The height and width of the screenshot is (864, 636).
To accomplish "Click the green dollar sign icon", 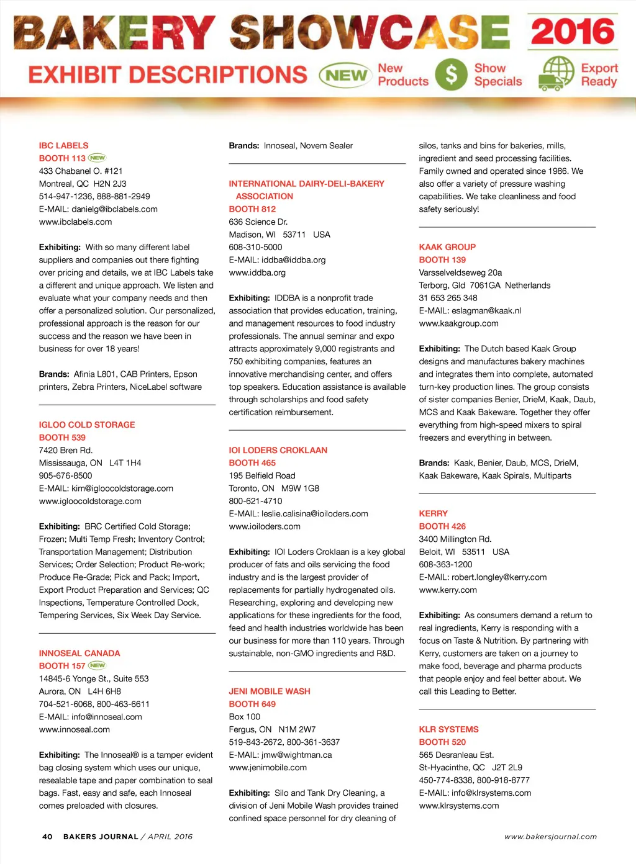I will point(451,74).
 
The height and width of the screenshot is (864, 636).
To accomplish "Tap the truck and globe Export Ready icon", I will point(556,74).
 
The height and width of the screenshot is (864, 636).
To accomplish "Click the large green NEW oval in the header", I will point(345,75).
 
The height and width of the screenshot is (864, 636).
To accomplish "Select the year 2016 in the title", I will point(573,32).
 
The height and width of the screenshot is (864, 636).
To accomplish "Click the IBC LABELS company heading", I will point(63,145).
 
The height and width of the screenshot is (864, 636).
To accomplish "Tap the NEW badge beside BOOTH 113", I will point(98,158).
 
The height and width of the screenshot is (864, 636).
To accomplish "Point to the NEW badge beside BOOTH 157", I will point(98,665).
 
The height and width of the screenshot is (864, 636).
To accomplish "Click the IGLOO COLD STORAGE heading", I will point(87,425).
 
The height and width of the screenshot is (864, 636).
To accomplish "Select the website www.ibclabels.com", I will point(75,222).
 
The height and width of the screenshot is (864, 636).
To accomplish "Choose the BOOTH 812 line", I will point(252,209).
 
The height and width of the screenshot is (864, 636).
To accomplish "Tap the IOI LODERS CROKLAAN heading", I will point(278,450).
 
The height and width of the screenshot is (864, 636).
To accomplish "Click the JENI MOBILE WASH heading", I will point(270,691).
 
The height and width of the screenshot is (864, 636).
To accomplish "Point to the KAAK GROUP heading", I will point(447,247).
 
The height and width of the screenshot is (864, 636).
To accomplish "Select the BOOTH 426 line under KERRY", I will point(442,526).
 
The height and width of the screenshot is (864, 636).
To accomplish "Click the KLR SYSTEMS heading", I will point(448,729).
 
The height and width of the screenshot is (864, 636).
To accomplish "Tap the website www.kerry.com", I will point(448,590).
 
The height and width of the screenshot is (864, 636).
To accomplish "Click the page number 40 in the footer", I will point(47,837).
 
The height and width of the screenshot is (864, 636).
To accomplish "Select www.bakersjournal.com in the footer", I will point(550,837).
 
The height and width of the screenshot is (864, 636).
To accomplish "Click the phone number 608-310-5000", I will point(255,247).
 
